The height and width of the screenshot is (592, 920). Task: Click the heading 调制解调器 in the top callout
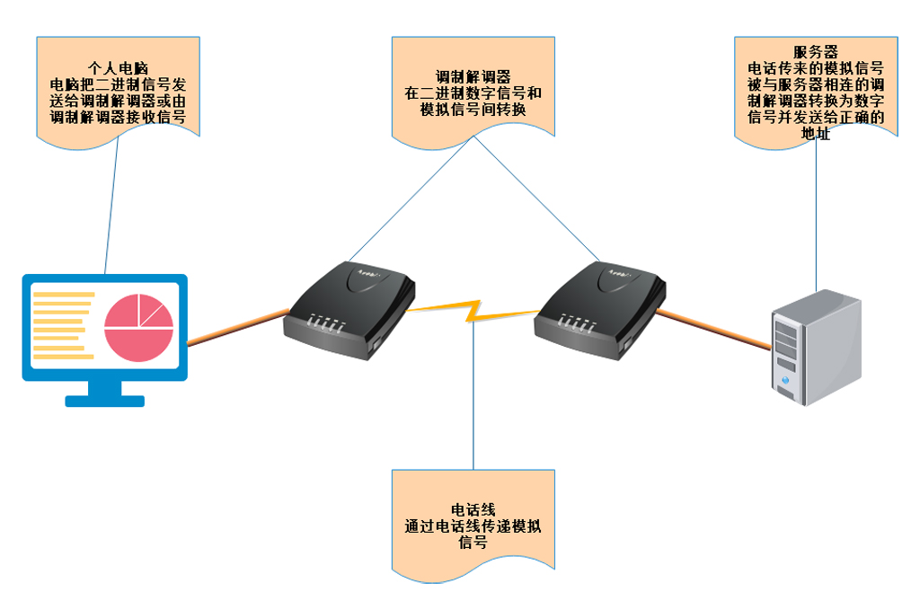point(473,77)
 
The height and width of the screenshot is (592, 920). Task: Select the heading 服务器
point(816,52)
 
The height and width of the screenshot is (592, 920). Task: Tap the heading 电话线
point(473,510)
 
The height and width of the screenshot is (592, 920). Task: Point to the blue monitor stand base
point(104,400)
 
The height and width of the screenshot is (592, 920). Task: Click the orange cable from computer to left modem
point(236,327)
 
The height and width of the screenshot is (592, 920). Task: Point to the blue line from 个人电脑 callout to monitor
point(112,207)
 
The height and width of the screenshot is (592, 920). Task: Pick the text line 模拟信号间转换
point(473,110)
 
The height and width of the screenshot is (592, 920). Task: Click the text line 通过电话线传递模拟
point(473,526)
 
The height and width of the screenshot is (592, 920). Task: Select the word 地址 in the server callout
point(816,134)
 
